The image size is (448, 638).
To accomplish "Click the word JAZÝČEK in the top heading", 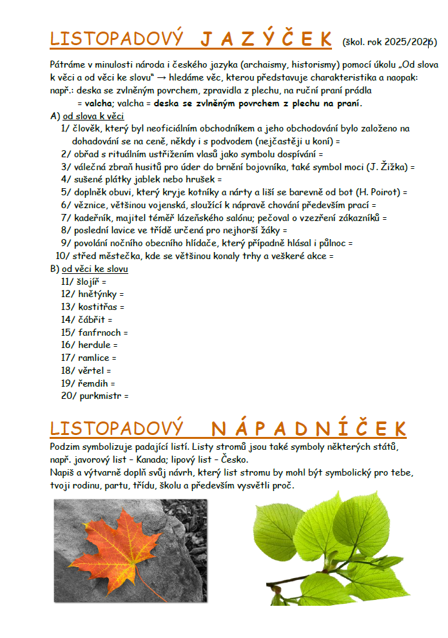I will click(266, 39).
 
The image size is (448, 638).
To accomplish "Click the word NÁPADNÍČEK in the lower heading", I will click(309, 429).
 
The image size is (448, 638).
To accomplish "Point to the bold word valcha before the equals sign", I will click(99, 103).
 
